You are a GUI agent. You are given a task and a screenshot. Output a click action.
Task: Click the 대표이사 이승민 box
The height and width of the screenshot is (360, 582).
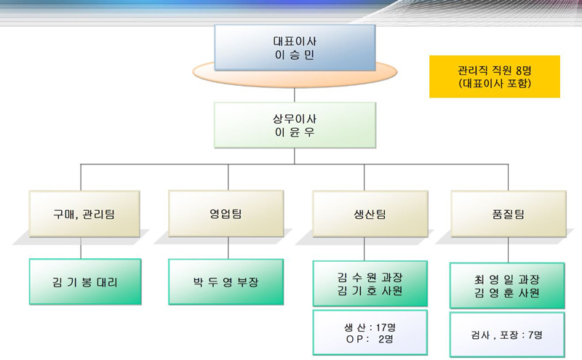tap(295, 47)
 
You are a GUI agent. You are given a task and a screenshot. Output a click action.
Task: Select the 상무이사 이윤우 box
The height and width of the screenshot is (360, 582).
tap(295, 125)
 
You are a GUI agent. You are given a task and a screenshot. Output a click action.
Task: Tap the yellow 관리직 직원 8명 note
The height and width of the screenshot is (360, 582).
tap(495, 76)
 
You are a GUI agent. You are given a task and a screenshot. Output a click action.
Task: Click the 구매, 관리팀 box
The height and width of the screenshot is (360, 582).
tap(84, 214)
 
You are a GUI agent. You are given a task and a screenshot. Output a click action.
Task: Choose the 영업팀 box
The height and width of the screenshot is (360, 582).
tap(226, 213)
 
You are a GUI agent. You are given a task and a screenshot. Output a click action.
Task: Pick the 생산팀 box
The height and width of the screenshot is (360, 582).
tap(370, 214)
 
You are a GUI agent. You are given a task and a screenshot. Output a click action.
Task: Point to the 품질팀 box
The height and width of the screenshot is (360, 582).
tap(509, 214)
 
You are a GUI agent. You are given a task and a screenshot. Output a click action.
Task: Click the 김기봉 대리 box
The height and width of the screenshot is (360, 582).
tap(85, 281)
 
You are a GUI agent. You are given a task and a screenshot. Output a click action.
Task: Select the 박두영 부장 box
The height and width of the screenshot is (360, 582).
tap(226, 281)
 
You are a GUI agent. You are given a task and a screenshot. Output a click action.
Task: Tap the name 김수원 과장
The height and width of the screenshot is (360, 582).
tap(370, 277)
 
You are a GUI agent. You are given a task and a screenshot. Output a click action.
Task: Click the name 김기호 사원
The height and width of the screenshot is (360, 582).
tap(370, 291)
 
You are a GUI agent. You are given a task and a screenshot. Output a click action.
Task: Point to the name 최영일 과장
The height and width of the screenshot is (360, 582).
tap(507, 279)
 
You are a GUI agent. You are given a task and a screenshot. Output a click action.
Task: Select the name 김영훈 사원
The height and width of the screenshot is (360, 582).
tap(507, 293)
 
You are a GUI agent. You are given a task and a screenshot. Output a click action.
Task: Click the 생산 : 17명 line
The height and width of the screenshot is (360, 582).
tap(370, 327)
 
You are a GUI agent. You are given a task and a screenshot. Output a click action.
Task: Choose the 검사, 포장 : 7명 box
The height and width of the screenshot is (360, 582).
tap(507, 335)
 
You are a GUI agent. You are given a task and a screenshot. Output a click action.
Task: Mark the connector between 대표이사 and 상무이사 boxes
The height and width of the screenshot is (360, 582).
tap(295, 95)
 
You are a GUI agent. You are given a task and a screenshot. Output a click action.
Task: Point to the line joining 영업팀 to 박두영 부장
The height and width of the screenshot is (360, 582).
tap(228, 248)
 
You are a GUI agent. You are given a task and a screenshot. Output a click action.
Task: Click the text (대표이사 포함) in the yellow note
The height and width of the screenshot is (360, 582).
tap(495, 83)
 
